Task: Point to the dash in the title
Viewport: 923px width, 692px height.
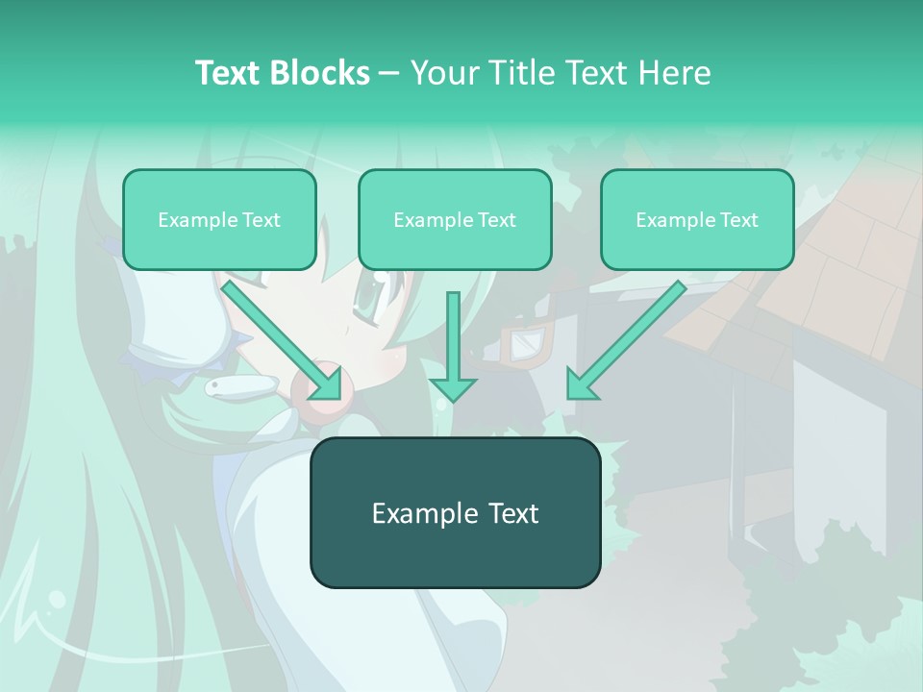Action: (389, 74)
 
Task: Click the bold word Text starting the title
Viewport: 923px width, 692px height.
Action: (232, 73)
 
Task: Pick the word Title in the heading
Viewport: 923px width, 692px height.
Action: (519, 73)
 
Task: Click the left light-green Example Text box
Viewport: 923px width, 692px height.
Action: (219, 220)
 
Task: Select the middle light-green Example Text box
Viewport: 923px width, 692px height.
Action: (455, 220)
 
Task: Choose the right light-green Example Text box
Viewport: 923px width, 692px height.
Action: (697, 220)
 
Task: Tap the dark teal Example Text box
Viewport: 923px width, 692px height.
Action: (455, 512)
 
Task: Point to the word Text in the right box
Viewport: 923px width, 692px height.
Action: (738, 220)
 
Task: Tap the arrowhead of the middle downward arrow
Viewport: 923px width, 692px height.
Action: (453, 387)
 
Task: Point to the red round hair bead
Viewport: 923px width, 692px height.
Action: (327, 394)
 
